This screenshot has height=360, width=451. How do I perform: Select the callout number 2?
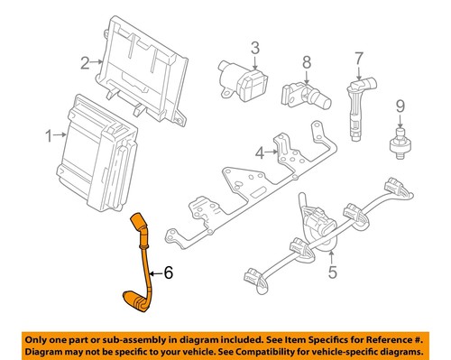(84, 62)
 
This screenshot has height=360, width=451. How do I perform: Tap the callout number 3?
(254, 47)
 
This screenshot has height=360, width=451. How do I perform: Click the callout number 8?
(306, 62)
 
